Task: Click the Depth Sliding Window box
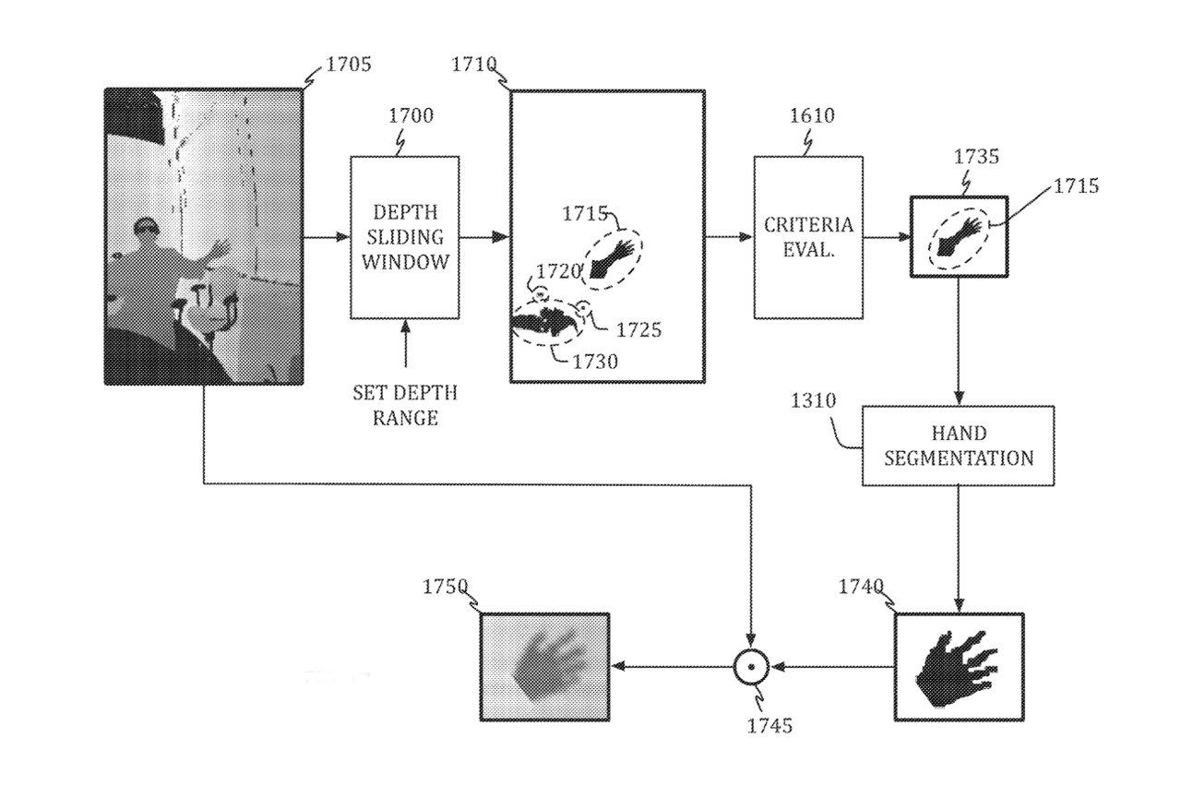point(404,237)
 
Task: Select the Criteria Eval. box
point(807,237)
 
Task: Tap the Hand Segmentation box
point(958,446)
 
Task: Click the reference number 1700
point(411,116)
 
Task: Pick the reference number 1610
point(812,116)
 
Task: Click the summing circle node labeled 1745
point(751,666)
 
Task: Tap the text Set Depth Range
point(404,404)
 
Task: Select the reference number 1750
point(446,588)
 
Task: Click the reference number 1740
point(862,588)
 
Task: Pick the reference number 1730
point(595,362)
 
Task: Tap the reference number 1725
point(638,328)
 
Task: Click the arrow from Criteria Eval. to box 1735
point(887,237)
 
